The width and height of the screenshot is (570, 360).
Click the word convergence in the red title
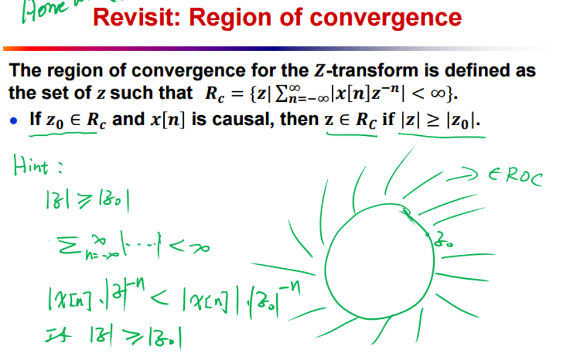coord(386,17)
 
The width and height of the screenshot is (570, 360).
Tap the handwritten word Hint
coord(34,165)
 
